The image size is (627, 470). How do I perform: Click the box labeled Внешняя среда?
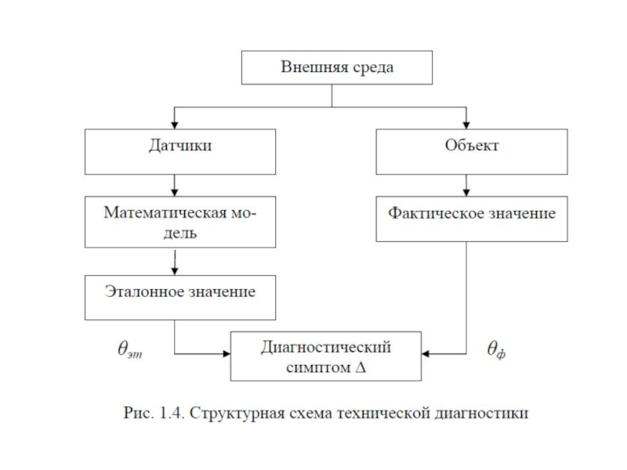coord(337,67)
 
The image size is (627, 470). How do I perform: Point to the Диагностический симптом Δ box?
coord(325,356)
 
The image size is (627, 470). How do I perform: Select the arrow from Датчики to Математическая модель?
coord(174,185)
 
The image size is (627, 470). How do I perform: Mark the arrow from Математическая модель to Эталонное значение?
coord(174,258)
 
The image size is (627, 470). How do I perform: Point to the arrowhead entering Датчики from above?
coord(174,124)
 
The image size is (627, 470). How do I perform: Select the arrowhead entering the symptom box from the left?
coord(225,355)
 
